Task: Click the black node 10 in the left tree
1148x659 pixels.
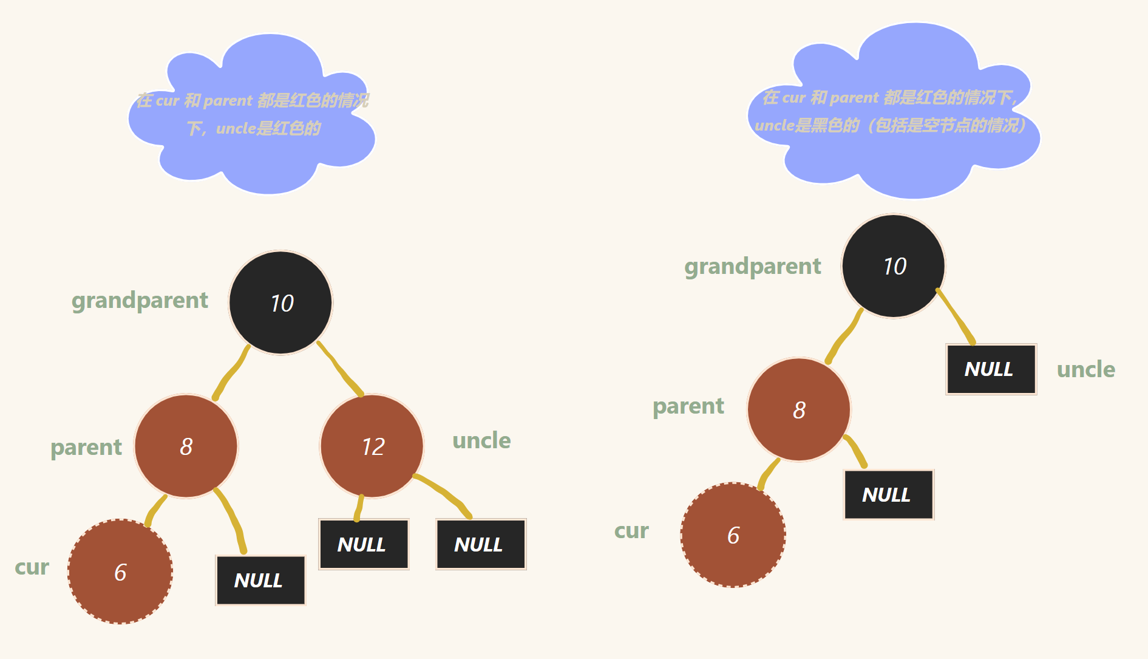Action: point(280,302)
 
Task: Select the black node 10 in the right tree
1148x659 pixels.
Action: point(894,266)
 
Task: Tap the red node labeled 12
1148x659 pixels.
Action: point(372,446)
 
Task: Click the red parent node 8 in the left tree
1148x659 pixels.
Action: point(186,446)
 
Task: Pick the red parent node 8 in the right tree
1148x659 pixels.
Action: point(799,410)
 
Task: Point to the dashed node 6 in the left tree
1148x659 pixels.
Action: point(120,572)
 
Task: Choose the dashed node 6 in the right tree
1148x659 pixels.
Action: point(733,535)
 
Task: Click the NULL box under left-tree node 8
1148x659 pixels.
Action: point(260,580)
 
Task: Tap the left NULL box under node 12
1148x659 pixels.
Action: point(364,544)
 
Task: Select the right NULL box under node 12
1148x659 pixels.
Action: point(481,544)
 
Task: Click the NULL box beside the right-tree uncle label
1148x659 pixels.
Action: point(991,369)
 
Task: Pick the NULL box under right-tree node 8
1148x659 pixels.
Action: point(888,494)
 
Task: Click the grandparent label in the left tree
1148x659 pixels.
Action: point(140,300)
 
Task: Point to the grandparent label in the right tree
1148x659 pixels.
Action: point(752,266)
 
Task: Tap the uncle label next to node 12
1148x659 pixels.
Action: point(481,440)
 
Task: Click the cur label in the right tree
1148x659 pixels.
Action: point(631,531)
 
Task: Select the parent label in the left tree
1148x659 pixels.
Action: point(86,447)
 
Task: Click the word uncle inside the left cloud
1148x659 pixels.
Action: point(236,129)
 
